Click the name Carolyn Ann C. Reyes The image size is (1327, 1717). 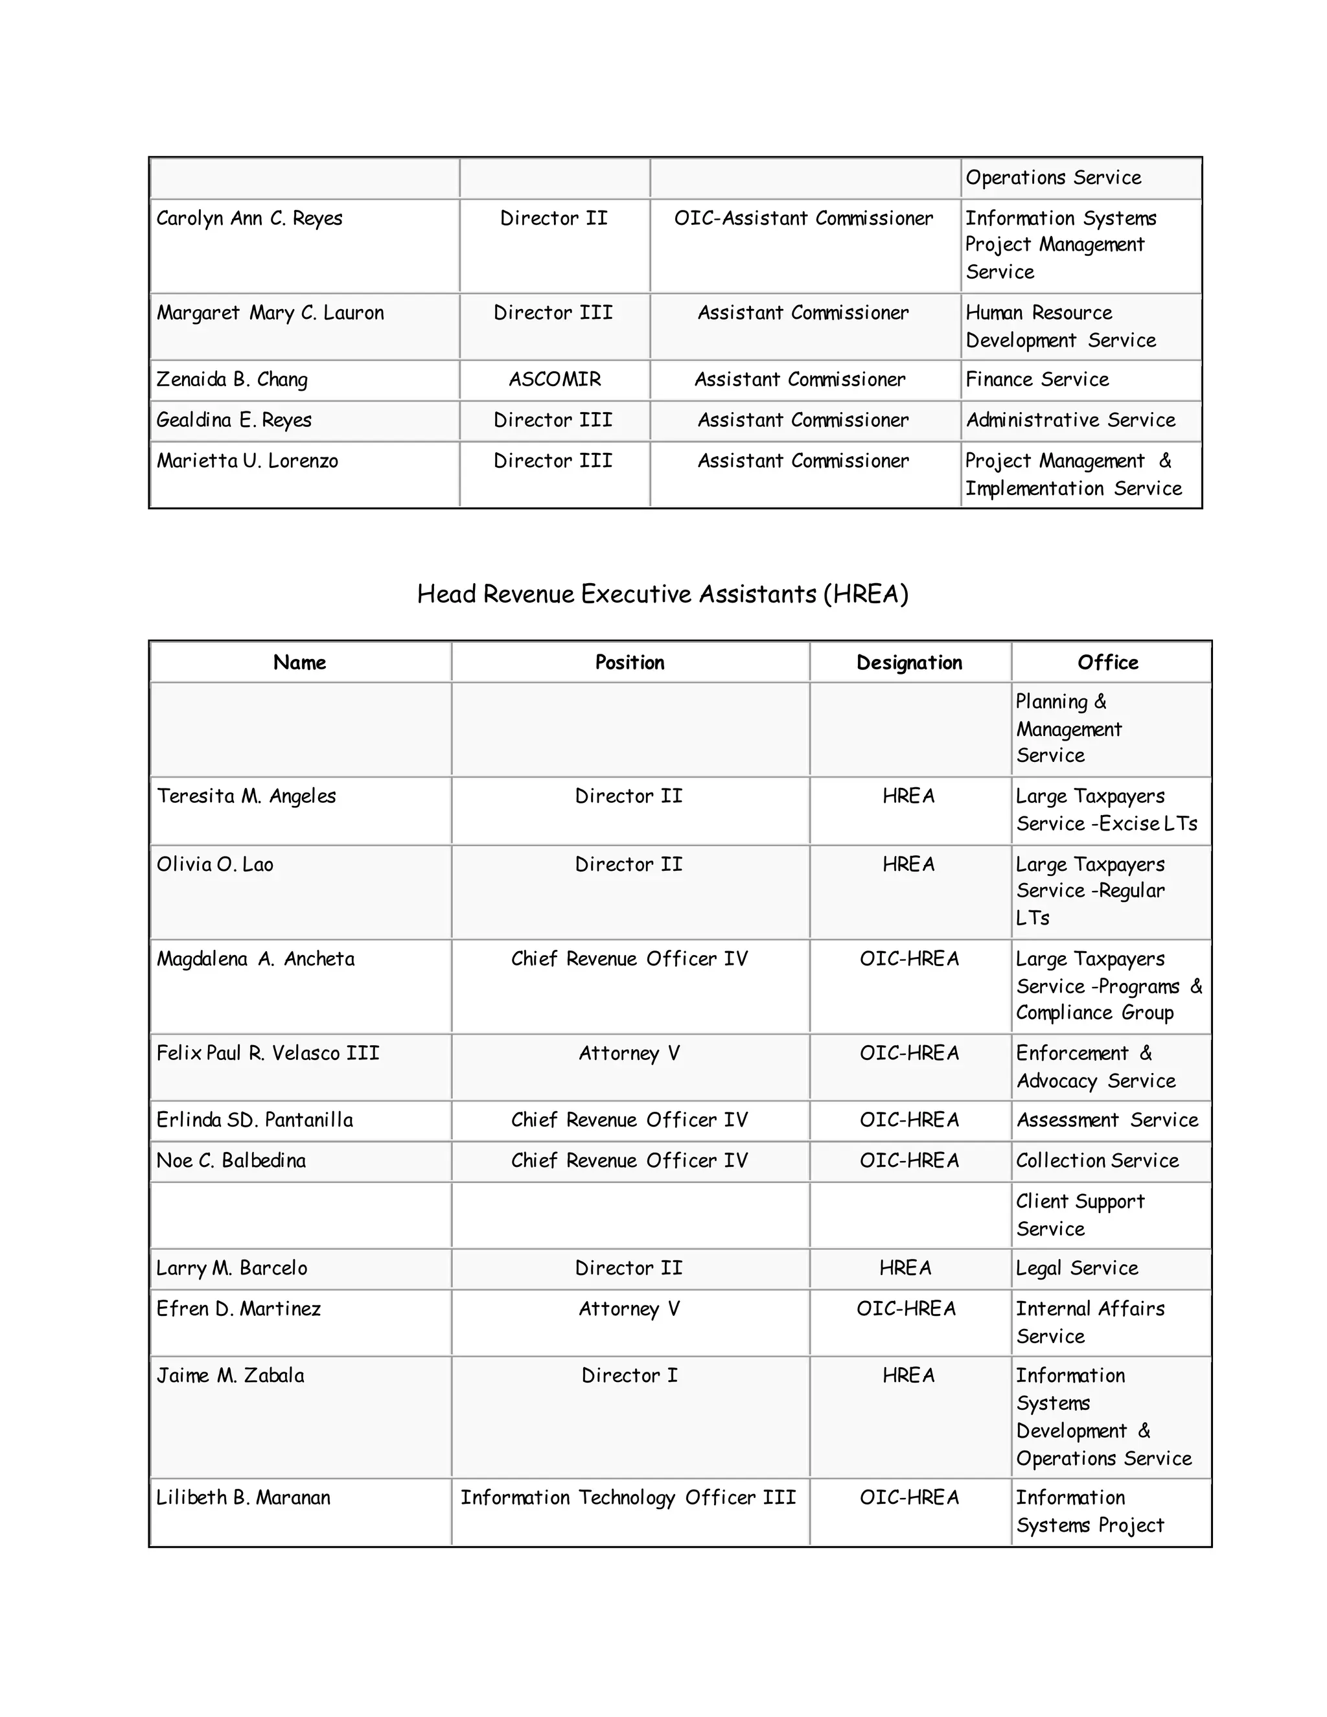pyautogui.click(x=249, y=218)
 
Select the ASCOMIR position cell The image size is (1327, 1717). pyautogui.click(x=554, y=380)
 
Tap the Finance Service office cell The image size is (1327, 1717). pyautogui.click(x=1036, y=380)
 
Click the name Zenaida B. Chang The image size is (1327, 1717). pyautogui.click(x=232, y=380)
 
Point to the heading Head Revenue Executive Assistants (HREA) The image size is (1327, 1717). pyautogui.click(x=662, y=593)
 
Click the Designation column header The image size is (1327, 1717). pyautogui.click(x=909, y=663)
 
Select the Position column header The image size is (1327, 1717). pyautogui.click(x=629, y=663)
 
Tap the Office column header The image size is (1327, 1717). pyautogui.click(x=1107, y=663)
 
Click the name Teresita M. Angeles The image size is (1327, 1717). pyautogui.click(x=246, y=796)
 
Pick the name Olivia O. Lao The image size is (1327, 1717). pyautogui.click(x=214, y=865)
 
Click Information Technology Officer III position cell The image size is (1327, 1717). pyautogui.click(x=628, y=1497)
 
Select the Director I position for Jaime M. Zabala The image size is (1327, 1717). pyautogui.click(x=629, y=1376)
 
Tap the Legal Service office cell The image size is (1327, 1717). pyautogui.click(x=1076, y=1268)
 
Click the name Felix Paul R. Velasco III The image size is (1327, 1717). pyautogui.click(x=268, y=1054)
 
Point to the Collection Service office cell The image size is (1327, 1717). pyautogui.click(x=1097, y=1161)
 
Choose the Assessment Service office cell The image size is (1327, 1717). pyautogui.click(x=1107, y=1120)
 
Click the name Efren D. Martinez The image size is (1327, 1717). pyautogui.click(x=238, y=1309)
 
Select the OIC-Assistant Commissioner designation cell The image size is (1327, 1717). pyautogui.click(x=803, y=218)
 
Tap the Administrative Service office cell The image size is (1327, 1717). pyautogui.click(x=1070, y=421)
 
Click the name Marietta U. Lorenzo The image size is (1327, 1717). pyautogui.click(x=247, y=461)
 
